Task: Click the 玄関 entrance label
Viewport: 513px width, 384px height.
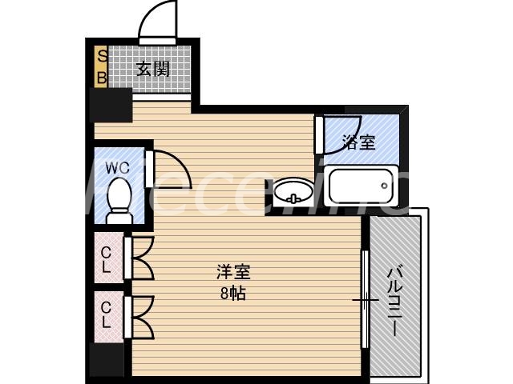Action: coord(152,69)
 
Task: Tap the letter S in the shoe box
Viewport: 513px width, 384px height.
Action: coord(103,56)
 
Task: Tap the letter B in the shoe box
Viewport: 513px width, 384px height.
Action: coord(103,78)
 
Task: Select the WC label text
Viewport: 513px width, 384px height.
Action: coord(118,168)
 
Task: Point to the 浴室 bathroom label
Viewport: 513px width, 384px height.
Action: coord(358,143)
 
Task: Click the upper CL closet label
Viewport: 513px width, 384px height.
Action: coord(107,260)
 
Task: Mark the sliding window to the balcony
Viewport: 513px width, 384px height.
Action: coord(365,301)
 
